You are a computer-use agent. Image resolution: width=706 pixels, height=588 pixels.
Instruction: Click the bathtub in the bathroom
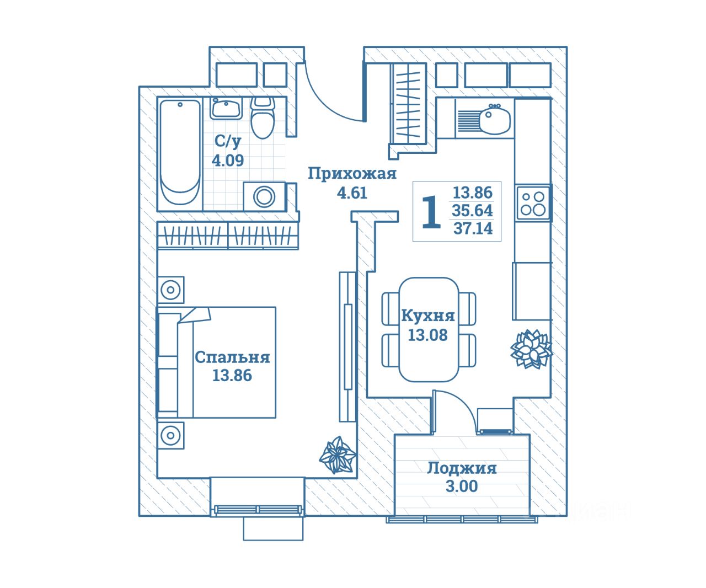coord(180,154)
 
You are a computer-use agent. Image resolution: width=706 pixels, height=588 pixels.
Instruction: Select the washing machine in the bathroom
coord(265,196)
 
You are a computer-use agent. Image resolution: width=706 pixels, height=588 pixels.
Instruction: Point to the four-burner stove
coord(533,202)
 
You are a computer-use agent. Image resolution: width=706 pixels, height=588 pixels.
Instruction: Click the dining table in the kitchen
coord(429,329)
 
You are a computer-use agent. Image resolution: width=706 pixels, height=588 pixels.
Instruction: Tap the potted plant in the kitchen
coord(531,349)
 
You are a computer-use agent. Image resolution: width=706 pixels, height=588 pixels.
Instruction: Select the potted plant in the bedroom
coord(337,455)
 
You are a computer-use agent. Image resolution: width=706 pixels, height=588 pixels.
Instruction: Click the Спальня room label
coord(232,357)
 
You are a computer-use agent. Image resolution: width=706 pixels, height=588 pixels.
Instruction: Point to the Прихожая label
coord(352,174)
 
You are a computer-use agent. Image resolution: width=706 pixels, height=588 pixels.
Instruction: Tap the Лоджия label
coord(462,468)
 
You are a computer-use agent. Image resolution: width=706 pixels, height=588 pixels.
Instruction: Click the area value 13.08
coord(427,335)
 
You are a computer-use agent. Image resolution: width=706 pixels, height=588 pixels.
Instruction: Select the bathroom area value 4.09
coord(228,161)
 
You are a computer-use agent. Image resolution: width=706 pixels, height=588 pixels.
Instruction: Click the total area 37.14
coord(473,228)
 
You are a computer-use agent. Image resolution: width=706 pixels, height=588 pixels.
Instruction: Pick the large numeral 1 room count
coord(431,212)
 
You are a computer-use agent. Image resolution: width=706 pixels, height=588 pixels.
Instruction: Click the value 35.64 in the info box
coord(473,211)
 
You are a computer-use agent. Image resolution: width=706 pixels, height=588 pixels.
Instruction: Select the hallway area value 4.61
coord(352,193)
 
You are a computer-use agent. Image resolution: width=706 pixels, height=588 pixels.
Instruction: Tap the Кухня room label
coord(427,316)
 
